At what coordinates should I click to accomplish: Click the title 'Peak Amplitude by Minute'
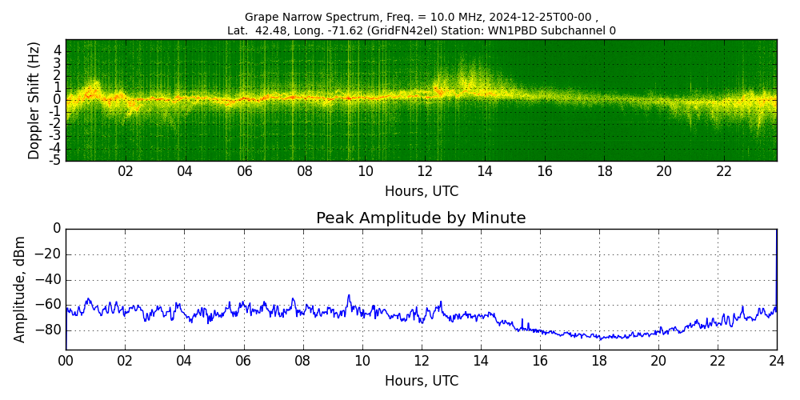[421, 218]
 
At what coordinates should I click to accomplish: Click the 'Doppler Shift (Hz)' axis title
[34, 100]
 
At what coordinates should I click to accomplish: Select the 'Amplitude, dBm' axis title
[21, 289]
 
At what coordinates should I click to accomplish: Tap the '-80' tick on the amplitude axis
[50, 330]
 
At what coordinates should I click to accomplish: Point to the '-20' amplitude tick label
[50, 254]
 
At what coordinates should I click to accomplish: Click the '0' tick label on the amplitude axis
[57, 229]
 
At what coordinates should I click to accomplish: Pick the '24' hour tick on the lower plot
[777, 361]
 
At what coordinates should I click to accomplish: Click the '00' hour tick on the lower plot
[66, 361]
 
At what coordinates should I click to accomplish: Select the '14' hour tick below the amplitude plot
[481, 361]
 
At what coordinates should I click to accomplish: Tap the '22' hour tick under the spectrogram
[724, 171]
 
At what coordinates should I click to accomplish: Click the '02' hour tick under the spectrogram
[126, 171]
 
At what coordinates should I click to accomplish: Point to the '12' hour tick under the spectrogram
[425, 171]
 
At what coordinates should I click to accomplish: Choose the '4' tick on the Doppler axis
[57, 50]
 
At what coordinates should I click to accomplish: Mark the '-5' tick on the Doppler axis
[54, 160]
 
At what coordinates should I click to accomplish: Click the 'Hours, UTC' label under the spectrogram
[421, 192]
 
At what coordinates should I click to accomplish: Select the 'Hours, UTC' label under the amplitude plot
[421, 382]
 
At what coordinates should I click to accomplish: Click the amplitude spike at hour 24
[776, 240]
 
